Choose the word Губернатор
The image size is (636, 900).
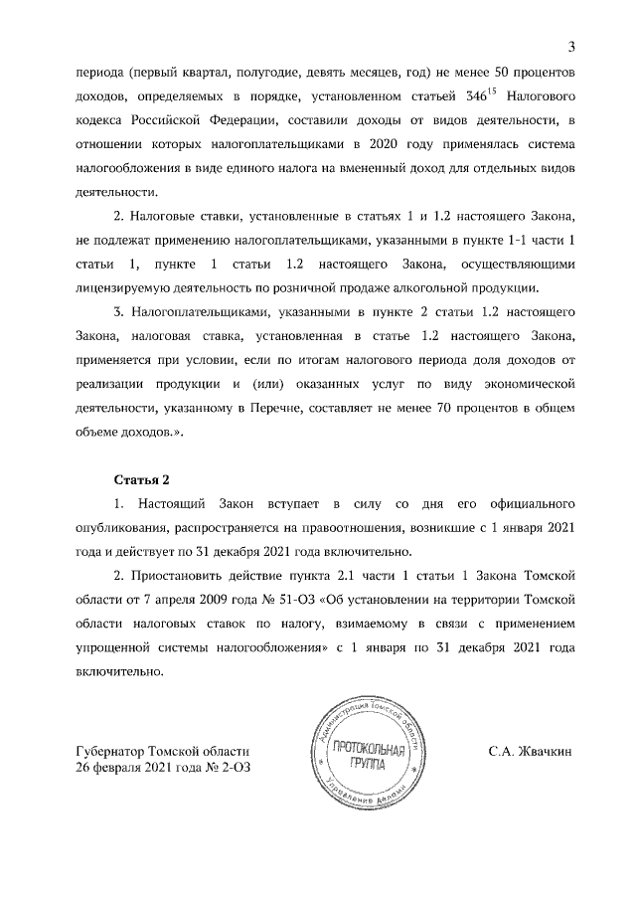tap(109, 753)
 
